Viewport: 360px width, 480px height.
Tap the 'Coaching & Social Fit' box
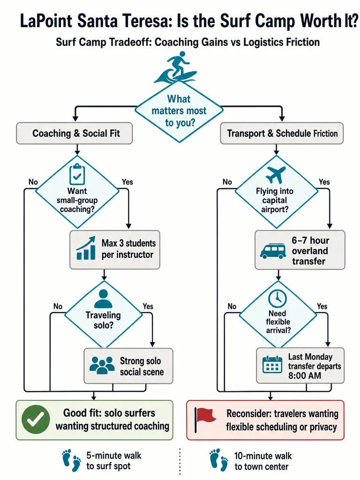click(75, 133)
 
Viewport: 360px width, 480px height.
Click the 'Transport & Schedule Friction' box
click(282, 133)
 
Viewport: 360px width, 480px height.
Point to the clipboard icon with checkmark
click(77, 174)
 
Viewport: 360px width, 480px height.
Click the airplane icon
click(276, 174)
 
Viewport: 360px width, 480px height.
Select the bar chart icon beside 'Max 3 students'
click(86, 248)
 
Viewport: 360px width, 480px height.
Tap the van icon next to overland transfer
click(273, 251)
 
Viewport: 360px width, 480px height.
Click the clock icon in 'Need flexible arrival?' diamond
click(277, 298)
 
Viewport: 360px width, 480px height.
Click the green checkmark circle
click(36, 419)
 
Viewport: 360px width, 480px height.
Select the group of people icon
click(102, 365)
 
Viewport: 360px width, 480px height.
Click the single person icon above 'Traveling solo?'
click(104, 299)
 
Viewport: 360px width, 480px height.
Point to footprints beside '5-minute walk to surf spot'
click(72, 460)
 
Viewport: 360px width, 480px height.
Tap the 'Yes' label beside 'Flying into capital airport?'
click(324, 182)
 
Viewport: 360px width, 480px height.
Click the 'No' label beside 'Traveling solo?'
click(58, 306)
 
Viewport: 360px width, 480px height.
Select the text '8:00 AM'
click(305, 375)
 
